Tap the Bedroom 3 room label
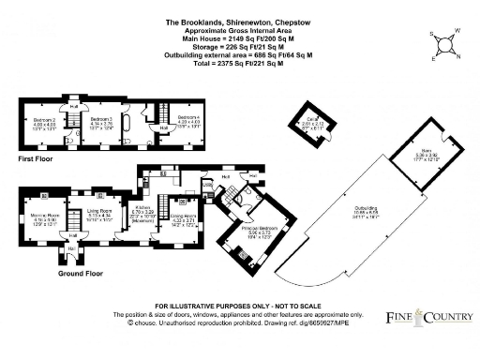click(x=101, y=120)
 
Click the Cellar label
click(x=318, y=119)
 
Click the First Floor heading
click(x=34, y=160)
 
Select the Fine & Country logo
click(x=430, y=319)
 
